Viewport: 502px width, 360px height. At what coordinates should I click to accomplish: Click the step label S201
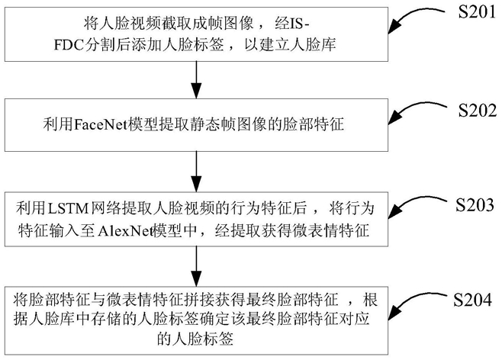(x=477, y=12)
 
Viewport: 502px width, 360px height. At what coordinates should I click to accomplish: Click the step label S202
(x=478, y=110)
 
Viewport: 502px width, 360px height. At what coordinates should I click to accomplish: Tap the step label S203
(x=475, y=205)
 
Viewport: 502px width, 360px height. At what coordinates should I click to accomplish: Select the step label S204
(x=472, y=300)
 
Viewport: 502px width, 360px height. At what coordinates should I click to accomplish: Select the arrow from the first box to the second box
(x=196, y=79)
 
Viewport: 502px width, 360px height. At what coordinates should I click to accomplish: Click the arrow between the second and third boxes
(x=196, y=172)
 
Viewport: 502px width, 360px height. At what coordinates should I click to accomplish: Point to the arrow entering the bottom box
(x=196, y=266)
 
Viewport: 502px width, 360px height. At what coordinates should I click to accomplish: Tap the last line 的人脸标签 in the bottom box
(x=195, y=339)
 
